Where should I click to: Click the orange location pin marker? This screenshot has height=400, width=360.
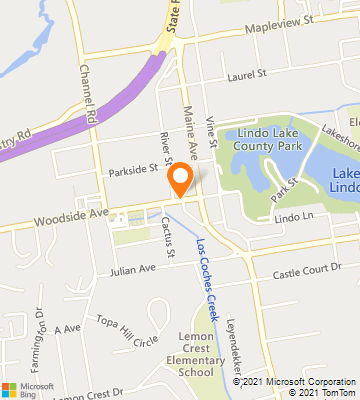(181, 181)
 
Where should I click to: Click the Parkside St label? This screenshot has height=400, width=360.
(134, 170)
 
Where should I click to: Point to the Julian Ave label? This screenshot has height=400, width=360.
(133, 270)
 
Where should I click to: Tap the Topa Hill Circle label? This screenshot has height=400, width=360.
(127, 328)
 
